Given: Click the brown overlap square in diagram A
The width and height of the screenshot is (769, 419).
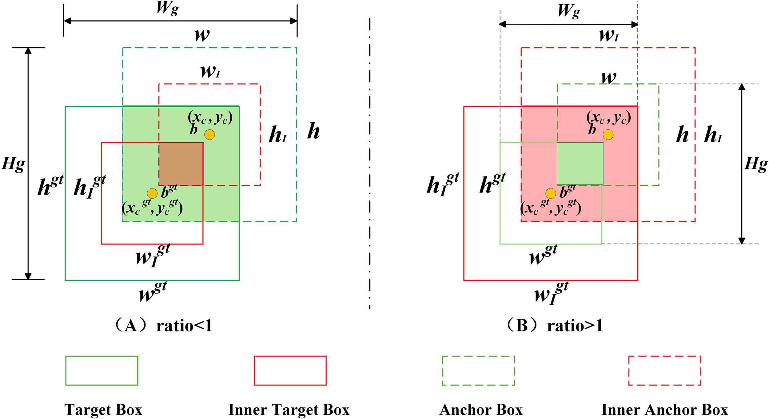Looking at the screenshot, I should click(x=181, y=164).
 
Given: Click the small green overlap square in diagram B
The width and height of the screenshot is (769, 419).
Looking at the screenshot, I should click(x=580, y=164).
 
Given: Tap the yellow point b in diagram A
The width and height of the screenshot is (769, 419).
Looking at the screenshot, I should click(x=209, y=135).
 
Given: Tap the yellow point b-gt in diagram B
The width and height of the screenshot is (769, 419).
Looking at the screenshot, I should click(x=551, y=193).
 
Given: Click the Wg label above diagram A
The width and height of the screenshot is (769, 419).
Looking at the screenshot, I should click(x=167, y=8).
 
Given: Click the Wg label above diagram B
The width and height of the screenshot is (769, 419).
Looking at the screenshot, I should click(x=568, y=12).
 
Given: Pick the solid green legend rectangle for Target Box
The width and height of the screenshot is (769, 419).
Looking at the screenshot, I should click(x=102, y=370).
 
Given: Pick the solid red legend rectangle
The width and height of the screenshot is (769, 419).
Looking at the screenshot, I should click(x=290, y=370).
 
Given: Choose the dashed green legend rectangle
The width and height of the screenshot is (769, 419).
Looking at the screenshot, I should click(x=478, y=370).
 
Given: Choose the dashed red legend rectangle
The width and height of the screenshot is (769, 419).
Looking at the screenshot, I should click(x=664, y=370).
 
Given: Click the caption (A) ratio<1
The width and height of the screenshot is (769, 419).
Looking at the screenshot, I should click(x=163, y=325).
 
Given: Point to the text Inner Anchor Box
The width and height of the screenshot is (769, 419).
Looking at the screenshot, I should click(x=664, y=409).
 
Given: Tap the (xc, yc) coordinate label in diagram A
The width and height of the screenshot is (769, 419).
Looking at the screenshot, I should click(x=210, y=118).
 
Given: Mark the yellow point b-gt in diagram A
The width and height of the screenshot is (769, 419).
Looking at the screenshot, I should click(x=152, y=193).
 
